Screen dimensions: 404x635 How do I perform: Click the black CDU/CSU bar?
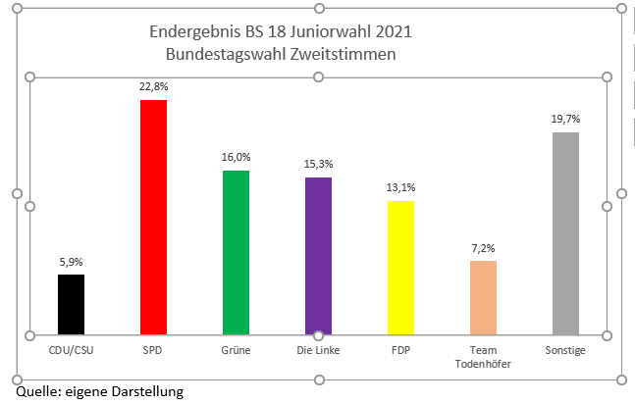click(x=71, y=304)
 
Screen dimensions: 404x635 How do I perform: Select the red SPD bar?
click(x=153, y=217)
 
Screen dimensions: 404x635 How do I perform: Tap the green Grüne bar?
click(x=236, y=252)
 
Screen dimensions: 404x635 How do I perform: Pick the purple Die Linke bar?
click(x=318, y=255)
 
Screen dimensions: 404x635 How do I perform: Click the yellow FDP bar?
click(x=400, y=268)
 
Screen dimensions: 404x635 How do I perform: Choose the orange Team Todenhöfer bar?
click(x=483, y=297)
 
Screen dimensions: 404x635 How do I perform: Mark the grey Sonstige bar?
click(x=565, y=233)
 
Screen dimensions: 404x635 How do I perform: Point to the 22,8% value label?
click(x=153, y=87)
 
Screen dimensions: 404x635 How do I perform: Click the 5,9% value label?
click(x=71, y=262)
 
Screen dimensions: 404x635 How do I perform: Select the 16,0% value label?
click(x=236, y=157)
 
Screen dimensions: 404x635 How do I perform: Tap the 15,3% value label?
click(x=318, y=164)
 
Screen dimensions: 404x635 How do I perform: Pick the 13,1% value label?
click(x=400, y=187)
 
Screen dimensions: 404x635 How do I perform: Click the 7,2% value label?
click(x=483, y=248)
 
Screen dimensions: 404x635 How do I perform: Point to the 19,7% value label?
click(x=565, y=119)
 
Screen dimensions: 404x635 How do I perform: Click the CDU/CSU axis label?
click(x=71, y=350)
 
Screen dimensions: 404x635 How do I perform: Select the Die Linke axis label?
click(x=318, y=350)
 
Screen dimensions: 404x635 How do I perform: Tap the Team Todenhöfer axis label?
click(x=483, y=357)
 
